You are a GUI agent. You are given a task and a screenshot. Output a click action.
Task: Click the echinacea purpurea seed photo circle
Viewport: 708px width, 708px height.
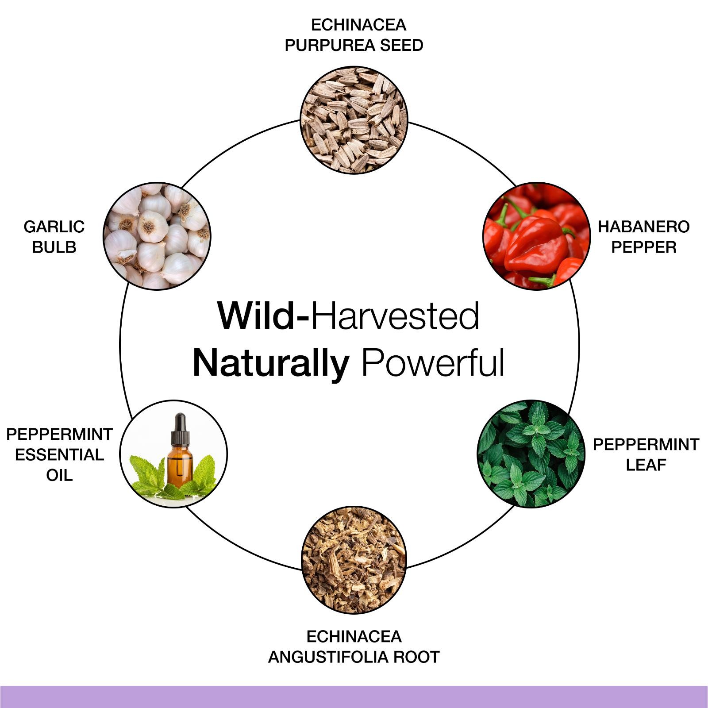coord(354,120)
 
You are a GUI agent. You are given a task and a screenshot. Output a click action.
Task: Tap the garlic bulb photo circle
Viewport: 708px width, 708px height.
coord(157,236)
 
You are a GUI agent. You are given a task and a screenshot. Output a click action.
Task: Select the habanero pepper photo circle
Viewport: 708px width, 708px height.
coord(536,236)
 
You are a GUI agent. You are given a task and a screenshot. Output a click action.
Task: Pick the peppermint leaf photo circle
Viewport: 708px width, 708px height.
coord(531,454)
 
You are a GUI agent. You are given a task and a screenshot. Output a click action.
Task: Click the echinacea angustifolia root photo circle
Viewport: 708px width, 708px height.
coord(354,560)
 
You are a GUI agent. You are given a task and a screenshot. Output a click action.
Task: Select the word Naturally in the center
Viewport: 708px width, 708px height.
coord(271,364)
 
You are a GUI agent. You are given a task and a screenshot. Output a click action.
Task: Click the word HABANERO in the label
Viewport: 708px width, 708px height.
coord(643,227)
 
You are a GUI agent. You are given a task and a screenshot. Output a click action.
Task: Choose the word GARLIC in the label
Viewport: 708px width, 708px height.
coord(54,227)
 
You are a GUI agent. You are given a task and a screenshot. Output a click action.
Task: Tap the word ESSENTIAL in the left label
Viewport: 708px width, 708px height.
coord(59,454)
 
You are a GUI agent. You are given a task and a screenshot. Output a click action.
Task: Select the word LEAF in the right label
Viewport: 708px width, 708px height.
coord(646,465)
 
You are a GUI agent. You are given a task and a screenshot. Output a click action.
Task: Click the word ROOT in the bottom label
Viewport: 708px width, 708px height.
coord(416,657)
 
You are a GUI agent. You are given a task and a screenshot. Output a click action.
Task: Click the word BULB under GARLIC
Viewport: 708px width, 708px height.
coord(54,247)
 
